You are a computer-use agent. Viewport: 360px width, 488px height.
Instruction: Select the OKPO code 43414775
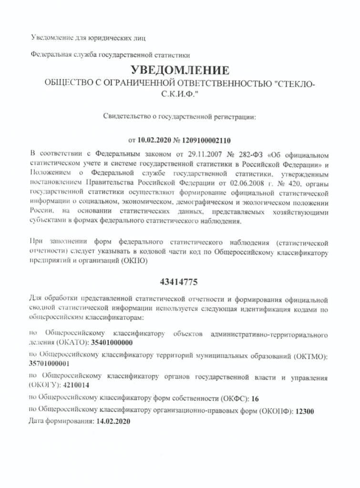tap(180, 281)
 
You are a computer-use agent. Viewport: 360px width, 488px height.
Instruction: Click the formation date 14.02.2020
tap(113, 422)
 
